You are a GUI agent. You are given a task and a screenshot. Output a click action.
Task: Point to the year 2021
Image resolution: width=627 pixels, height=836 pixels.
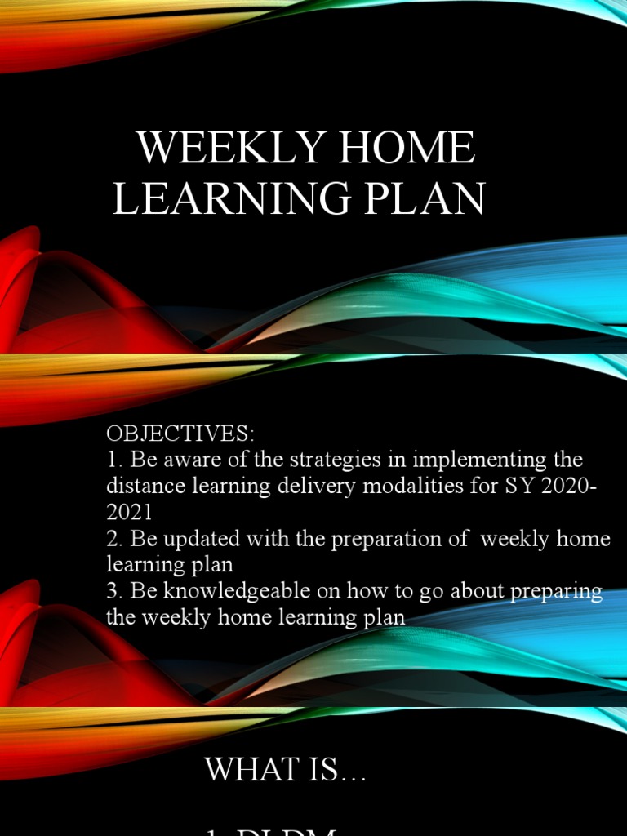coord(129,512)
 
